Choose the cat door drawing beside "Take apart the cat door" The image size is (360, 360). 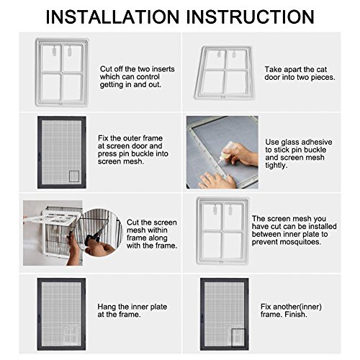click(222, 71)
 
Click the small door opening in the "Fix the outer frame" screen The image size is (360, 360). click(73, 176)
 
